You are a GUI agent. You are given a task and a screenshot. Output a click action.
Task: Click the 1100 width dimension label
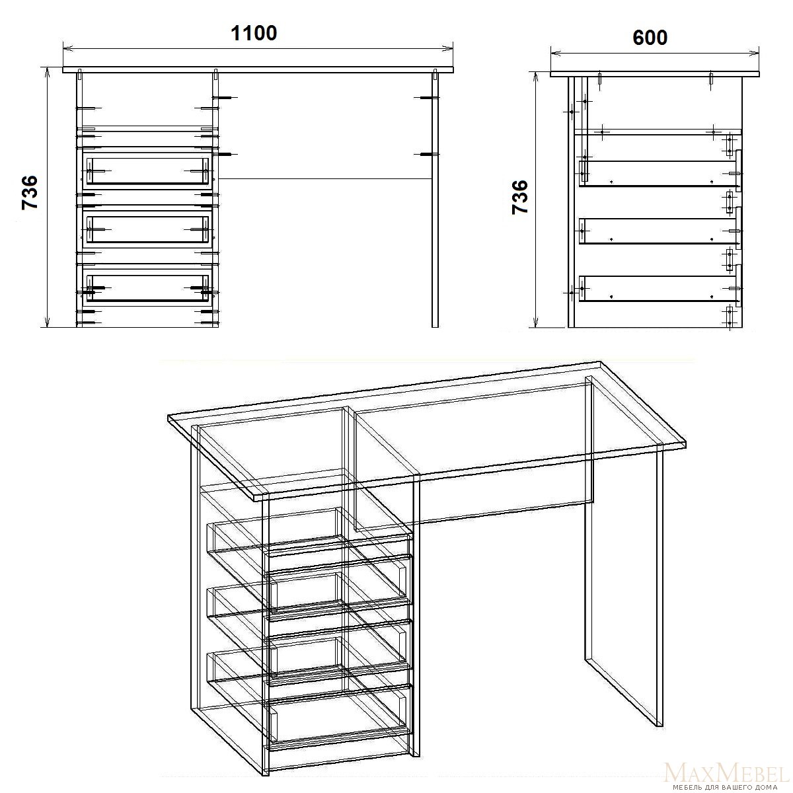tap(254, 34)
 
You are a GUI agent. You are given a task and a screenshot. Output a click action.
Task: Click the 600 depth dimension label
tap(650, 38)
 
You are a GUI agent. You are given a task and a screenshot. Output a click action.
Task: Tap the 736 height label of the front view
tap(30, 192)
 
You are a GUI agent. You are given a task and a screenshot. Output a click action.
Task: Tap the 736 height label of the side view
tap(520, 197)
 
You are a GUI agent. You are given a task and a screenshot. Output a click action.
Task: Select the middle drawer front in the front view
tap(147, 229)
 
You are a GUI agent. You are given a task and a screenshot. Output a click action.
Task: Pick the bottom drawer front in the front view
tap(147, 287)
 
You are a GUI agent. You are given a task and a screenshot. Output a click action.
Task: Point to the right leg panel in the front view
tap(435, 200)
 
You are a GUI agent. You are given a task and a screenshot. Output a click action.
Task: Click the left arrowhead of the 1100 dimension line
tap(68, 48)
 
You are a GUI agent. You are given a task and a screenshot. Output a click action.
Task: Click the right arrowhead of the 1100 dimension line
tap(448, 48)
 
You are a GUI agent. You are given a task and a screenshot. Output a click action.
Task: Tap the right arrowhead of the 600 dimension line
tap(754, 53)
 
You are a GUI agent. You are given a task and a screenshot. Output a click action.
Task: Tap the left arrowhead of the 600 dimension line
tap(556, 53)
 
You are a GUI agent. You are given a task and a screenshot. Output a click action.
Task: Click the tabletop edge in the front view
tap(258, 70)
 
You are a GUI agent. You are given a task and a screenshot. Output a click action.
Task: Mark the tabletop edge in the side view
tap(655, 74)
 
